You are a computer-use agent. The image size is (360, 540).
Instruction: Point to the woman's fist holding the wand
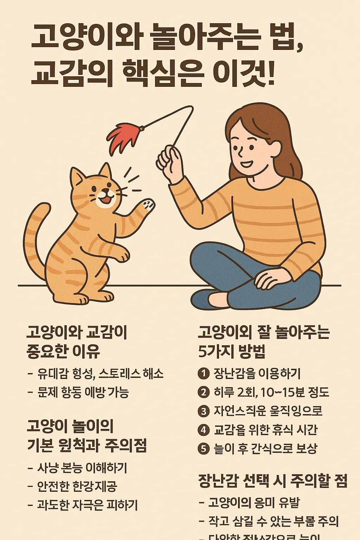(x=169, y=162)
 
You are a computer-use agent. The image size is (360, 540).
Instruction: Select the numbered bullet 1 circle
(x=204, y=373)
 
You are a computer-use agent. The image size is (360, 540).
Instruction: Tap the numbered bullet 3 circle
(x=204, y=411)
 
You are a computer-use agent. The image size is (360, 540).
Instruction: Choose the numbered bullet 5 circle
(x=204, y=449)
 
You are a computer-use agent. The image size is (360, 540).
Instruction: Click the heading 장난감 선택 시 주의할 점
(x=273, y=481)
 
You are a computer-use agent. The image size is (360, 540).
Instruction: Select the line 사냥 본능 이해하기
(x=82, y=468)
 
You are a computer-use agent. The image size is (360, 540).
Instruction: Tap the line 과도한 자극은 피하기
(x=87, y=505)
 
